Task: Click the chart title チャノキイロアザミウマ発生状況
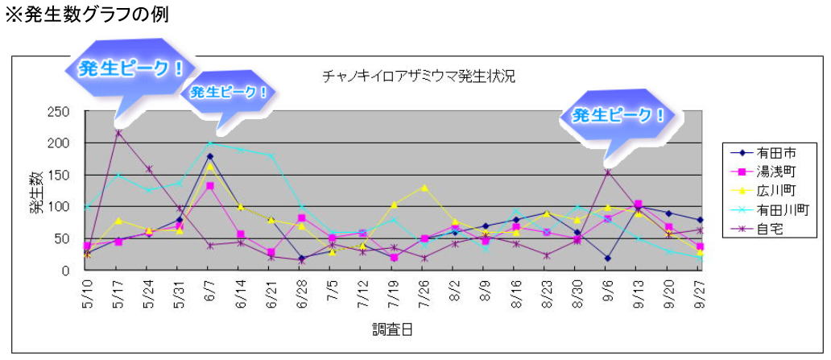coord(418,77)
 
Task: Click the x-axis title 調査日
coord(392,329)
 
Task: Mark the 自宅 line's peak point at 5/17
coord(118,133)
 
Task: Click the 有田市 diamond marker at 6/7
coord(210,156)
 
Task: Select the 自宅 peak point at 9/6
coord(608,172)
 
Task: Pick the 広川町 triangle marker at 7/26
coord(424,188)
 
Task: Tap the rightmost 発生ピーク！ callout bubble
coord(618,116)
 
